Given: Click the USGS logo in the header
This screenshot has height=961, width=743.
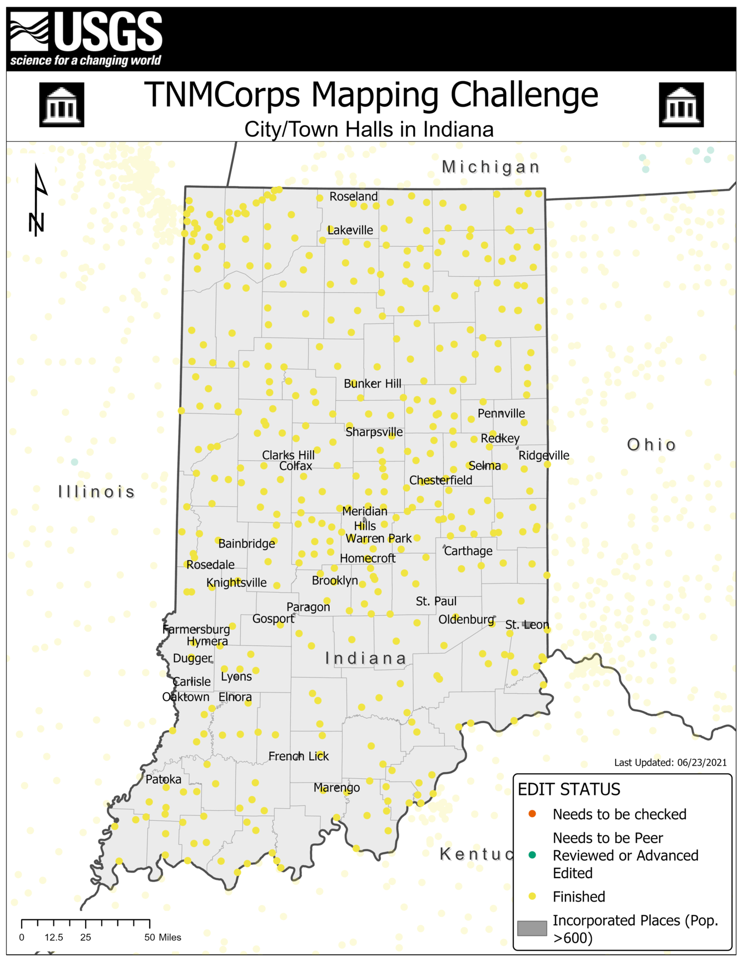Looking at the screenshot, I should tap(86, 38).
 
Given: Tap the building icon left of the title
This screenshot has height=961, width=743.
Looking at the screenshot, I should tap(62, 104).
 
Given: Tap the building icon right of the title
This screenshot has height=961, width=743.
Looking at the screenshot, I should tap(681, 104).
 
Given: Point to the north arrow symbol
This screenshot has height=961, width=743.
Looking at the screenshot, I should tap(38, 200).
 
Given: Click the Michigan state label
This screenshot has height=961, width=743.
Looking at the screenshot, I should tap(491, 167).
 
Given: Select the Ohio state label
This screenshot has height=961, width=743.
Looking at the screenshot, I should tap(651, 445).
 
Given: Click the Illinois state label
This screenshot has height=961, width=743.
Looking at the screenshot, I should tap(97, 492).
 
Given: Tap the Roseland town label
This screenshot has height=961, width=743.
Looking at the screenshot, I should tap(353, 196).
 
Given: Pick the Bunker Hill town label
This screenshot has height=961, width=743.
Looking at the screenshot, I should tap(372, 384).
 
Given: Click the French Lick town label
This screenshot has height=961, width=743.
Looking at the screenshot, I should tap(299, 756).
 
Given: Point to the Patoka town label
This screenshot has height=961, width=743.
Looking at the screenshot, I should tap(164, 779).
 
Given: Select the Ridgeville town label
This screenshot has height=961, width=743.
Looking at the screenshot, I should tap(544, 455).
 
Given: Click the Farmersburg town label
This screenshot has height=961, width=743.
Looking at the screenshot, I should tap(196, 629).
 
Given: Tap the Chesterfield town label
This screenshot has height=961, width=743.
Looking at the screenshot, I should tap(440, 480).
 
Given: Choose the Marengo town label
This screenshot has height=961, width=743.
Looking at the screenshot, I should tap(336, 788).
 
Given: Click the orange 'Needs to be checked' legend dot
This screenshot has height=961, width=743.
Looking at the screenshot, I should tap(532, 814).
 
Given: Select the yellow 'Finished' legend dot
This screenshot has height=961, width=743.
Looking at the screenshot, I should tap(532, 896).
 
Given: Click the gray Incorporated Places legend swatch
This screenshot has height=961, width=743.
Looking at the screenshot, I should tap(532, 928).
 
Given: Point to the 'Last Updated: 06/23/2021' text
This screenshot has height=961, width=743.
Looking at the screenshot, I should tap(670, 763).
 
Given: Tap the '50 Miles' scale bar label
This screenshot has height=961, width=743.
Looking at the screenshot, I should tap(162, 937).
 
